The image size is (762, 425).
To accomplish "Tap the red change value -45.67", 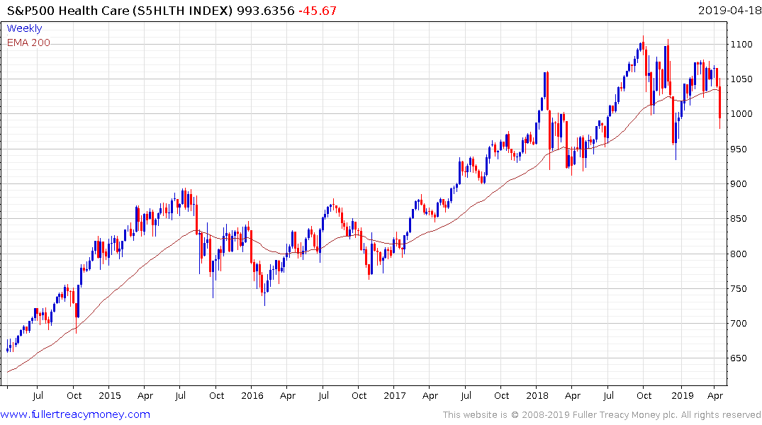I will click(317, 11).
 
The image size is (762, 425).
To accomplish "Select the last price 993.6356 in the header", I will click(263, 11).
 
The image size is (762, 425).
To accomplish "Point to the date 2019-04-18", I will click(729, 11).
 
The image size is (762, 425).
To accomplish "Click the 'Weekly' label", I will click(24, 28).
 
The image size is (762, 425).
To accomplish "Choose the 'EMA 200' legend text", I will click(28, 42).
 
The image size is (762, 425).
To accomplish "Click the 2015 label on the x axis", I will click(109, 395).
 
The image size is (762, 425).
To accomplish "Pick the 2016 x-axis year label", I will click(252, 395).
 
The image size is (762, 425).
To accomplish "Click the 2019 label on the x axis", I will click(682, 395).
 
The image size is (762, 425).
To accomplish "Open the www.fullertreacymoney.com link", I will click(75, 414).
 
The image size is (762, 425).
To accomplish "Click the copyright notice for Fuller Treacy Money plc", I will click(602, 414).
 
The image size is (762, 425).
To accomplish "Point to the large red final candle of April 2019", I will click(719, 103).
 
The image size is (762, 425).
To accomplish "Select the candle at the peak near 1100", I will click(642, 45).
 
